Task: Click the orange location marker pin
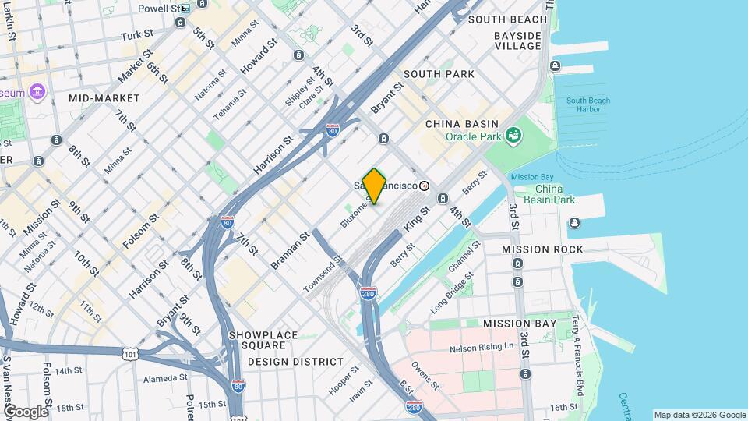click(x=375, y=186)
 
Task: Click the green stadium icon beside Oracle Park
click(x=513, y=136)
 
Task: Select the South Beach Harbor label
click(x=588, y=104)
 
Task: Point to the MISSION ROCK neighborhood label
click(x=542, y=249)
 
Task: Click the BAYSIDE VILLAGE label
click(x=517, y=41)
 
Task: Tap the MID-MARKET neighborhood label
click(x=104, y=98)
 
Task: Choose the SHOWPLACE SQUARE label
click(x=263, y=341)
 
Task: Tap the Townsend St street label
click(x=323, y=273)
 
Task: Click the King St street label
click(x=418, y=218)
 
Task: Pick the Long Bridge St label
click(x=452, y=288)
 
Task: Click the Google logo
click(x=25, y=412)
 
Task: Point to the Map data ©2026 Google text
click(x=699, y=415)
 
